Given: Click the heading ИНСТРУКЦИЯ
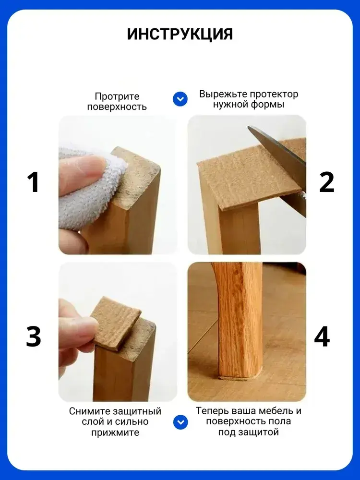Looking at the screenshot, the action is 180,34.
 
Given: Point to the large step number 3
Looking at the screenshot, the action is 34,336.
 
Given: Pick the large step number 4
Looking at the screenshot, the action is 322,336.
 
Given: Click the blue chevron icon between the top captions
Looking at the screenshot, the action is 180,99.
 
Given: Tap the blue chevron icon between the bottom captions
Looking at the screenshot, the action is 180,422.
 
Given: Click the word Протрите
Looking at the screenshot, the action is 117,96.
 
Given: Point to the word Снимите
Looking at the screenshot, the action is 89,411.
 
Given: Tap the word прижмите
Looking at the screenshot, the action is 115,433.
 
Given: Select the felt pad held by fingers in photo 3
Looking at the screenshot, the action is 116,325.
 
